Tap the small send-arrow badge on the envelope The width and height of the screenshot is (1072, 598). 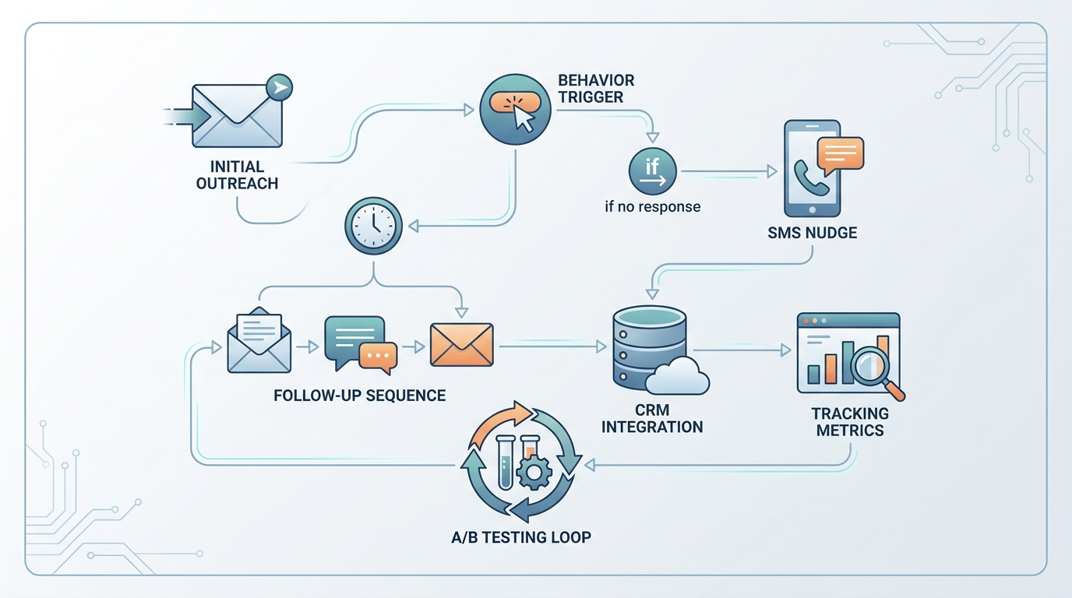(x=278, y=87)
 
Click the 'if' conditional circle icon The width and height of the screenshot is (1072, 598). (x=652, y=171)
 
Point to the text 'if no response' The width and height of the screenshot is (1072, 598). (x=652, y=207)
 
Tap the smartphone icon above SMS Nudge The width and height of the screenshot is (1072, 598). (x=811, y=168)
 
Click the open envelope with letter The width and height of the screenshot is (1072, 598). (x=259, y=340)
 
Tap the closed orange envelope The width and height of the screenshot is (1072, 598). (x=461, y=343)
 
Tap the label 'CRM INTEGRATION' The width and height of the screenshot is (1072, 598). (x=652, y=419)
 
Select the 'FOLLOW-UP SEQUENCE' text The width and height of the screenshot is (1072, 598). (x=360, y=396)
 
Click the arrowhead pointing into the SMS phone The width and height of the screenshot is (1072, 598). (x=773, y=171)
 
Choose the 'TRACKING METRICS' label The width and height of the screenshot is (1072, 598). (x=849, y=422)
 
